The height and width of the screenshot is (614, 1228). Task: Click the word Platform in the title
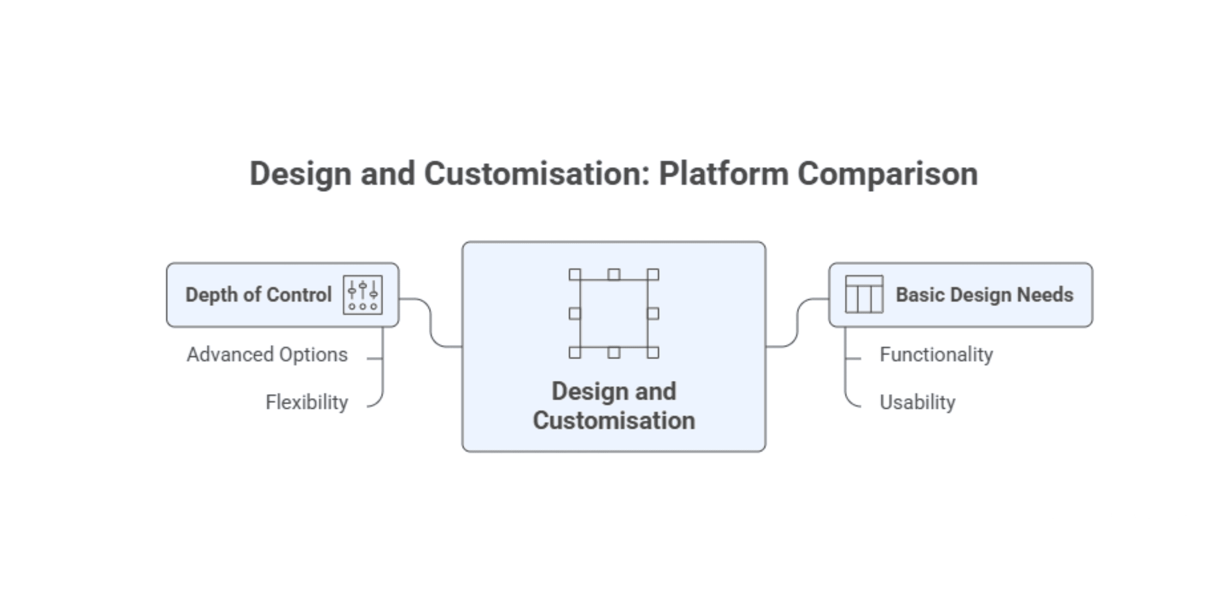click(x=723, y=174)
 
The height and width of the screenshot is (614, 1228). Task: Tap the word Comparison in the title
click(x=887, y=174)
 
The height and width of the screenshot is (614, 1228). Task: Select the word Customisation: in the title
click(x=537, y=174)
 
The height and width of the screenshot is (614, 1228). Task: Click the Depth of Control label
click(x=259, y=295)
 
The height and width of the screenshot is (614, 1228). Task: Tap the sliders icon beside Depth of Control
click(x=363, y=295)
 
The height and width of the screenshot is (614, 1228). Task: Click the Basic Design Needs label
click(x=984, y=295)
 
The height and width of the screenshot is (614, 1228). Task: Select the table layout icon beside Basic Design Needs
click(x=864, y=295)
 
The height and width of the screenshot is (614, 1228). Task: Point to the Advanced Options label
click(x=267, y=355)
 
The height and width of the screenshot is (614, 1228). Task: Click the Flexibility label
click(x=307, y=402)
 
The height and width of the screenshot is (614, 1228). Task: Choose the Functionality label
click(x=936, y=355)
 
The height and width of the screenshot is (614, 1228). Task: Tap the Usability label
click(x=917, y=402)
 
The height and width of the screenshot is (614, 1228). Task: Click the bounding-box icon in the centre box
click(x=614, y=314)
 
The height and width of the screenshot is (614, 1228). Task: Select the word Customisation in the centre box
click(x=614, y=421)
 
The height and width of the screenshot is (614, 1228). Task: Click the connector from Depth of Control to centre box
click(x=431, y=322)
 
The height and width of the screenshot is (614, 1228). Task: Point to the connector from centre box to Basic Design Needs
click(x=797, y=322)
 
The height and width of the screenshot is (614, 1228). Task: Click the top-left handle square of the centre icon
click(x=575, y=274)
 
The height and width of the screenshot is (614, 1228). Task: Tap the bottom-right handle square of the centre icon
click(x=653, y=353)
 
